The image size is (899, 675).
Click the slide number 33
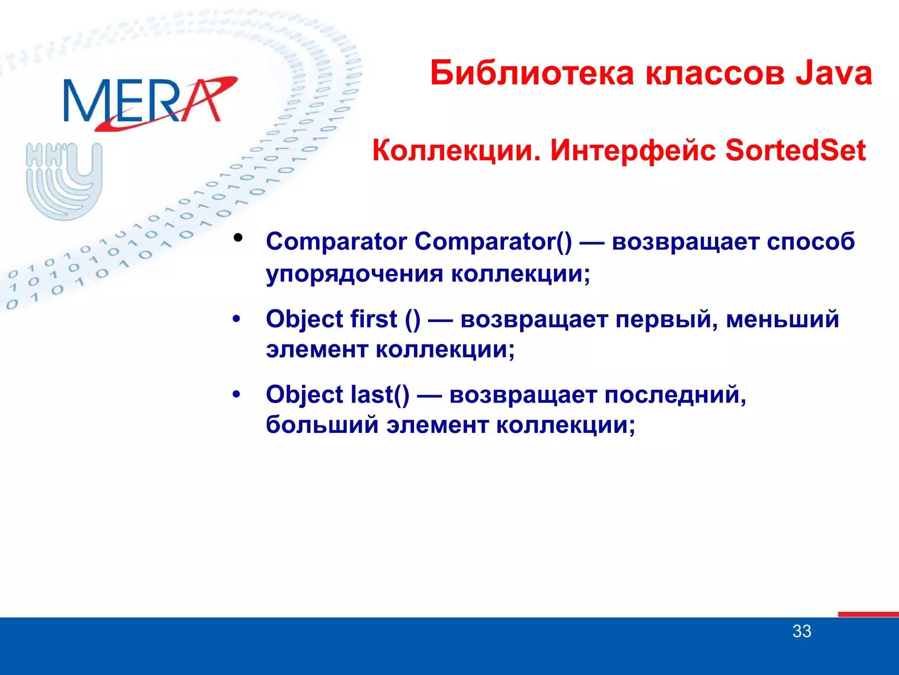802,631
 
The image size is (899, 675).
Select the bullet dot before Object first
237,319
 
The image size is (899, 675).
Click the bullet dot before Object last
237,395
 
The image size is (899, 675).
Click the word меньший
782,319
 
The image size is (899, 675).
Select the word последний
675,395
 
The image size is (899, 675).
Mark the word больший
322,425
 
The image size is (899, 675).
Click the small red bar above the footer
868,614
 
